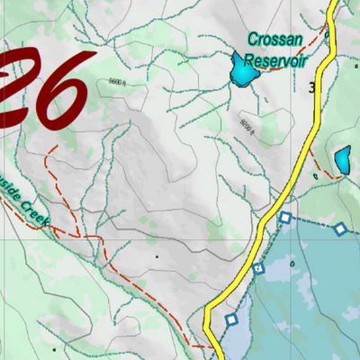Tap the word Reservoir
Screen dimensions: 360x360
(x=277, y=60)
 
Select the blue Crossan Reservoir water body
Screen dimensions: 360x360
(x=243, y=70)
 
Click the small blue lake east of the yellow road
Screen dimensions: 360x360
(x=343, y=161)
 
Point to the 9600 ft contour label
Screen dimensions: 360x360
(x=114, y=80)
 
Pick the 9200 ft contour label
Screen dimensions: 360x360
(x=248, y=123)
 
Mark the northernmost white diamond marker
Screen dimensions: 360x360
(x=285, y=218)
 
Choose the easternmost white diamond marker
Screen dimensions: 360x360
(x=340, y=229)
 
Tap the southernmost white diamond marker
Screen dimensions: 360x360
(x=230, y=319)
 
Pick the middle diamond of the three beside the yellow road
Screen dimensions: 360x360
(x=258, y=268)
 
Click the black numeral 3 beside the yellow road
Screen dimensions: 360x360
(x=311, y=88)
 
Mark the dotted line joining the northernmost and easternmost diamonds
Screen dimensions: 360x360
(x=313, y=223)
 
